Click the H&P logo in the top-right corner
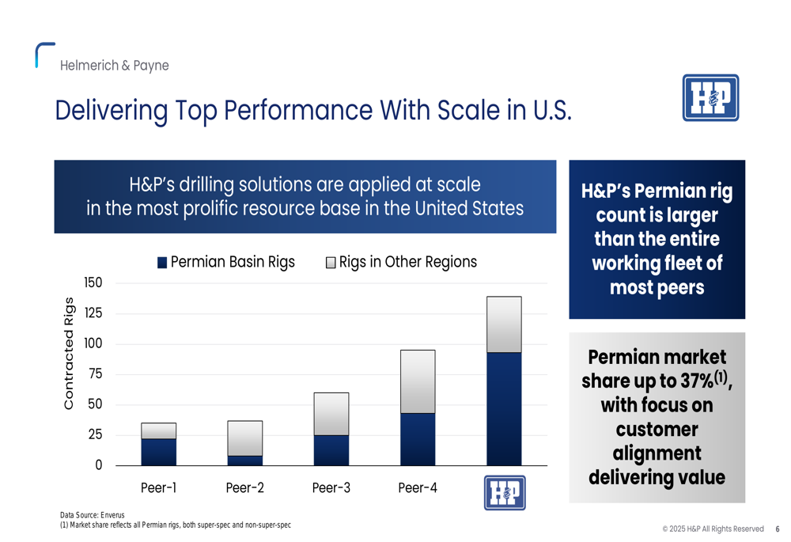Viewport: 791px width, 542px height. [710, 98]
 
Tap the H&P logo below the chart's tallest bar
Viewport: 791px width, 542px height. [505, 492]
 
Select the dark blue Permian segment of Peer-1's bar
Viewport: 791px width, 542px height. [158, 452]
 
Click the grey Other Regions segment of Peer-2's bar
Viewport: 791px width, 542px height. [244, 438]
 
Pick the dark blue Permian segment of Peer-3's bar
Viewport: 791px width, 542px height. [331, 450]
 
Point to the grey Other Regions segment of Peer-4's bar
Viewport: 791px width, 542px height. [418, 382]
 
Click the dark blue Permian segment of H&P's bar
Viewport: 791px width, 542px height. [504, 409]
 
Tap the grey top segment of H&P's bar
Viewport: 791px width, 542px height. [504, 324]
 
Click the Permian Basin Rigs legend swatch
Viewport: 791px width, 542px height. [162, 263]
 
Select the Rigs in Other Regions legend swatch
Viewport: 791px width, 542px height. [331, 263]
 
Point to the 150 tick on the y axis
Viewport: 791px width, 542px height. [93, 282]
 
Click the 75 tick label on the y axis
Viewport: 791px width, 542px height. [96, 374]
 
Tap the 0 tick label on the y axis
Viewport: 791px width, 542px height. [99, 464]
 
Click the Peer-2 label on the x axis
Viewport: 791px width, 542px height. [244, 488]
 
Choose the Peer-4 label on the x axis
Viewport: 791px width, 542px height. [418, 488]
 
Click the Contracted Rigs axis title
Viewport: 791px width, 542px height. [69, 353]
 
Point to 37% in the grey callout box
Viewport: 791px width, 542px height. [697, 381]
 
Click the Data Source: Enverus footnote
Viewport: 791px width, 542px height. [93, 515]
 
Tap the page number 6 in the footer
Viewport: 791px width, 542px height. [778, 529]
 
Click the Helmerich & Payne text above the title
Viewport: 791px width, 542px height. [115, 66]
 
